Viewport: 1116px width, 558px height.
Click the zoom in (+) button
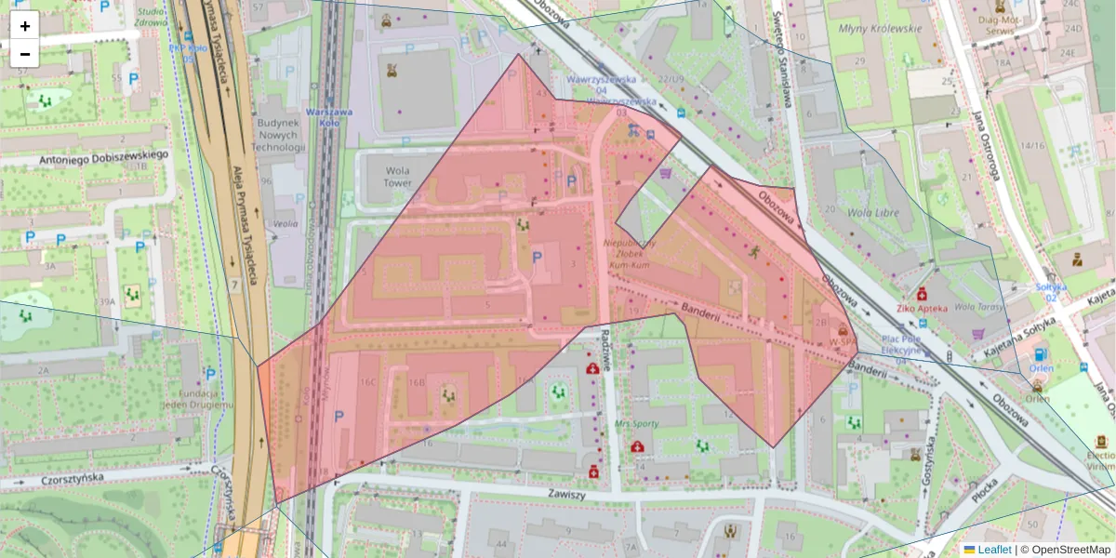click(25, 26)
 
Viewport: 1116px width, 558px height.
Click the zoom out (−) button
click(25, 54)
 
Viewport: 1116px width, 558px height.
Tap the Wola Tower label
click(397, 177)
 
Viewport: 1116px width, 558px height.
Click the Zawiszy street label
click(566, 495)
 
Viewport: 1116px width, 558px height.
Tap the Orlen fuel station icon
click(1039, 353)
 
